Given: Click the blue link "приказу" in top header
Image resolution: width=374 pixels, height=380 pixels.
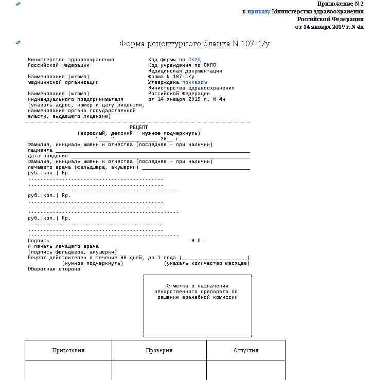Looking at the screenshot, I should [x=258, y=11].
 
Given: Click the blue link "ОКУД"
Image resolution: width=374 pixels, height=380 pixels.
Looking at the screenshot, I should [x=194, y=60].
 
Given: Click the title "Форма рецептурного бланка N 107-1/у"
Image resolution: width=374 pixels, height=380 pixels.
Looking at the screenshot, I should [x=194, y=44].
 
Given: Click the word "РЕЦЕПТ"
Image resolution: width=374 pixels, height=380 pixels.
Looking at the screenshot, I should [x=139, y=127].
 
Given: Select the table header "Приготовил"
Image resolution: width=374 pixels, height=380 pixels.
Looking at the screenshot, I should [x=68, y=350].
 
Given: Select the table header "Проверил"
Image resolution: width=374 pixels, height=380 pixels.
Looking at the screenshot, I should [x=159, y=350].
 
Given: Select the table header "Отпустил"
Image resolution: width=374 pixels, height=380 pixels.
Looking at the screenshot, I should [x=245, y=350].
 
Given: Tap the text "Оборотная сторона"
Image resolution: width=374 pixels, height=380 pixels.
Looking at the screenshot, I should [x=54, y=269].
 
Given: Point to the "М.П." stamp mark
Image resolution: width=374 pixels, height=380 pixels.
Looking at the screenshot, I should [x=198, y=241].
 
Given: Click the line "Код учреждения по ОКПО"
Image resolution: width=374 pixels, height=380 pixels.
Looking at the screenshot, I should [x=182, y=65].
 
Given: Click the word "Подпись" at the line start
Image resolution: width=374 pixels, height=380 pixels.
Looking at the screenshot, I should [x=39, y=241].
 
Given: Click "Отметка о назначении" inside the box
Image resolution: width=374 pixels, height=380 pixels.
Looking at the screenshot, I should [x=198, y=285].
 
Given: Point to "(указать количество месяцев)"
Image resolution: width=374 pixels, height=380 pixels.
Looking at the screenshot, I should [x=207, y=263].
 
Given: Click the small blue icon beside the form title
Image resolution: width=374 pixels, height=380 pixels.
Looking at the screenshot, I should [x=19, y=42].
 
